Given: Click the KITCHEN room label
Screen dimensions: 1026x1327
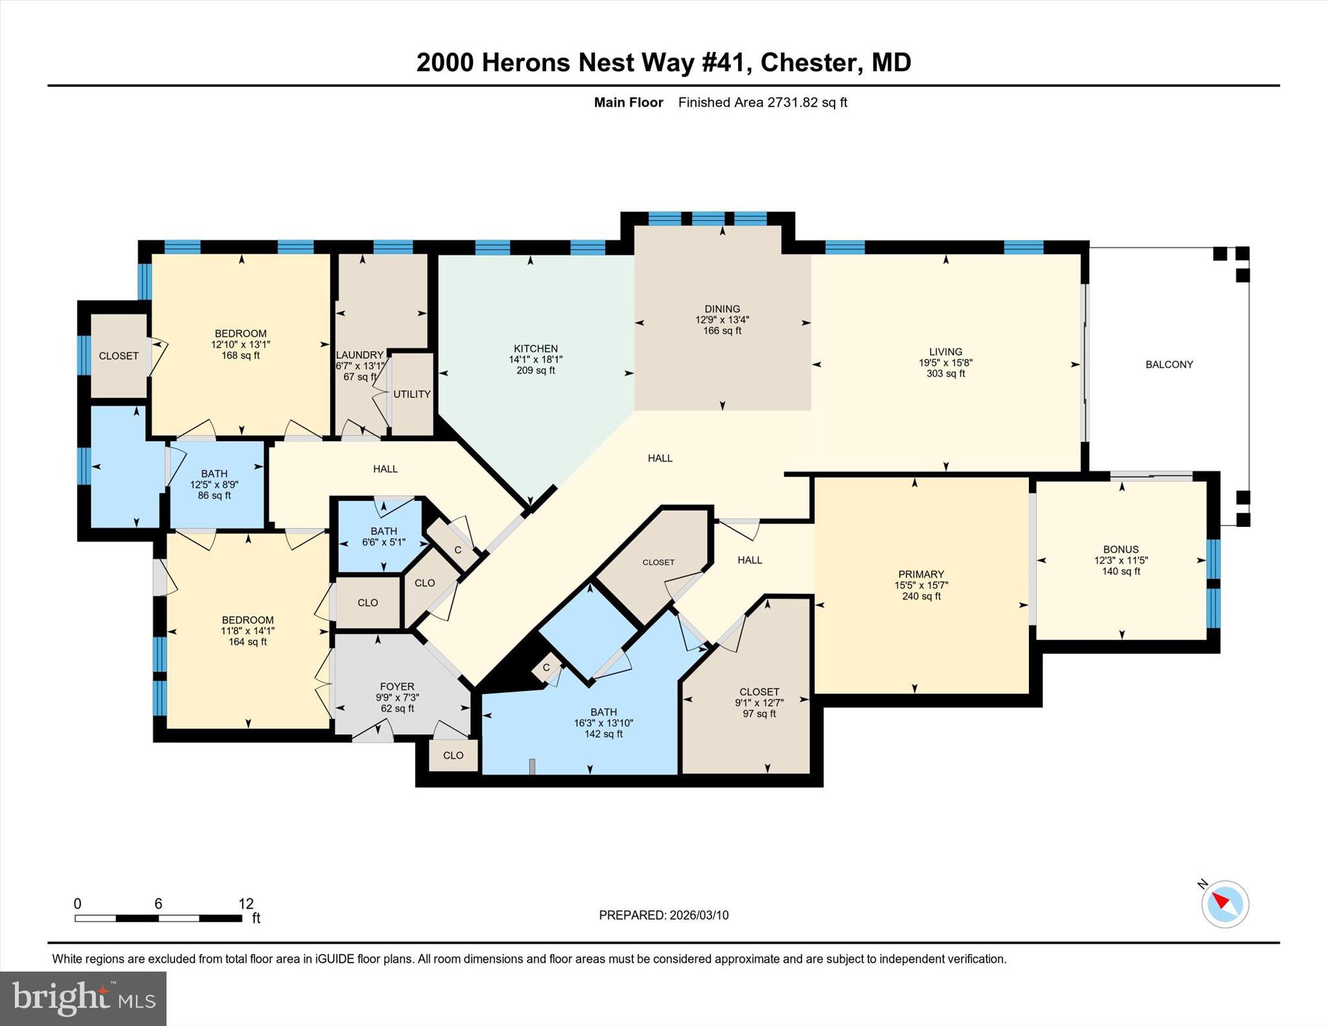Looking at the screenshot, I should (x=535, y=348).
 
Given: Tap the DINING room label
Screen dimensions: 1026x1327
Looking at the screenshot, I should (x=722, y=309).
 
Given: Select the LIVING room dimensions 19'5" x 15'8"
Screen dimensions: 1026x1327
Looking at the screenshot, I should (x=945, y=363).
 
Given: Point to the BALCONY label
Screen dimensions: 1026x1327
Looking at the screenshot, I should (x=1169, y=364).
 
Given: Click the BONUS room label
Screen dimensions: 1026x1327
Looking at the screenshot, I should (x=1121, y=549).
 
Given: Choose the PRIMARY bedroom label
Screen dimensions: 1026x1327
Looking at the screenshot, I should (x=921, y=574).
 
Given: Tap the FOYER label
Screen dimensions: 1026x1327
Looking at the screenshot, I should (x=397, y=686).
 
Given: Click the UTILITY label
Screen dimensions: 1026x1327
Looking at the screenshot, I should (x=411, y=394).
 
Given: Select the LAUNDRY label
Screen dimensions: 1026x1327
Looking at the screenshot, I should (x=360, y=355).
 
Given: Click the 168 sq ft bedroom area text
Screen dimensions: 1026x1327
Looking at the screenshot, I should (x=240, y=356).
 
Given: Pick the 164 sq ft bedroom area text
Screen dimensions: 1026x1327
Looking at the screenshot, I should (x=248, y=642).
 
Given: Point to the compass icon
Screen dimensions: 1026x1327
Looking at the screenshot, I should (x=1225, y=904).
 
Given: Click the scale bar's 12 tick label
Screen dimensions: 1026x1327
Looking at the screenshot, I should (x=246, y=904).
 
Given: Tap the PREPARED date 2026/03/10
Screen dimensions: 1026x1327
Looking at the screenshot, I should (x=698, y=915).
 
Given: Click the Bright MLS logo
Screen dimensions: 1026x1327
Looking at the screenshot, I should (x=83, y=998).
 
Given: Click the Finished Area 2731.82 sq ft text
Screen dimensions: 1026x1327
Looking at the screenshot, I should (x=763, y=102).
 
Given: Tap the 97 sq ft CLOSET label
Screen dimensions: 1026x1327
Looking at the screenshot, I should (x=759, y=692).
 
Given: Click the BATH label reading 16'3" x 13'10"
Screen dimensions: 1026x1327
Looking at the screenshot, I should (x=603, y=712).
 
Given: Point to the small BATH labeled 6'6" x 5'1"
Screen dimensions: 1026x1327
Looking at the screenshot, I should (x=384, y=531).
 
